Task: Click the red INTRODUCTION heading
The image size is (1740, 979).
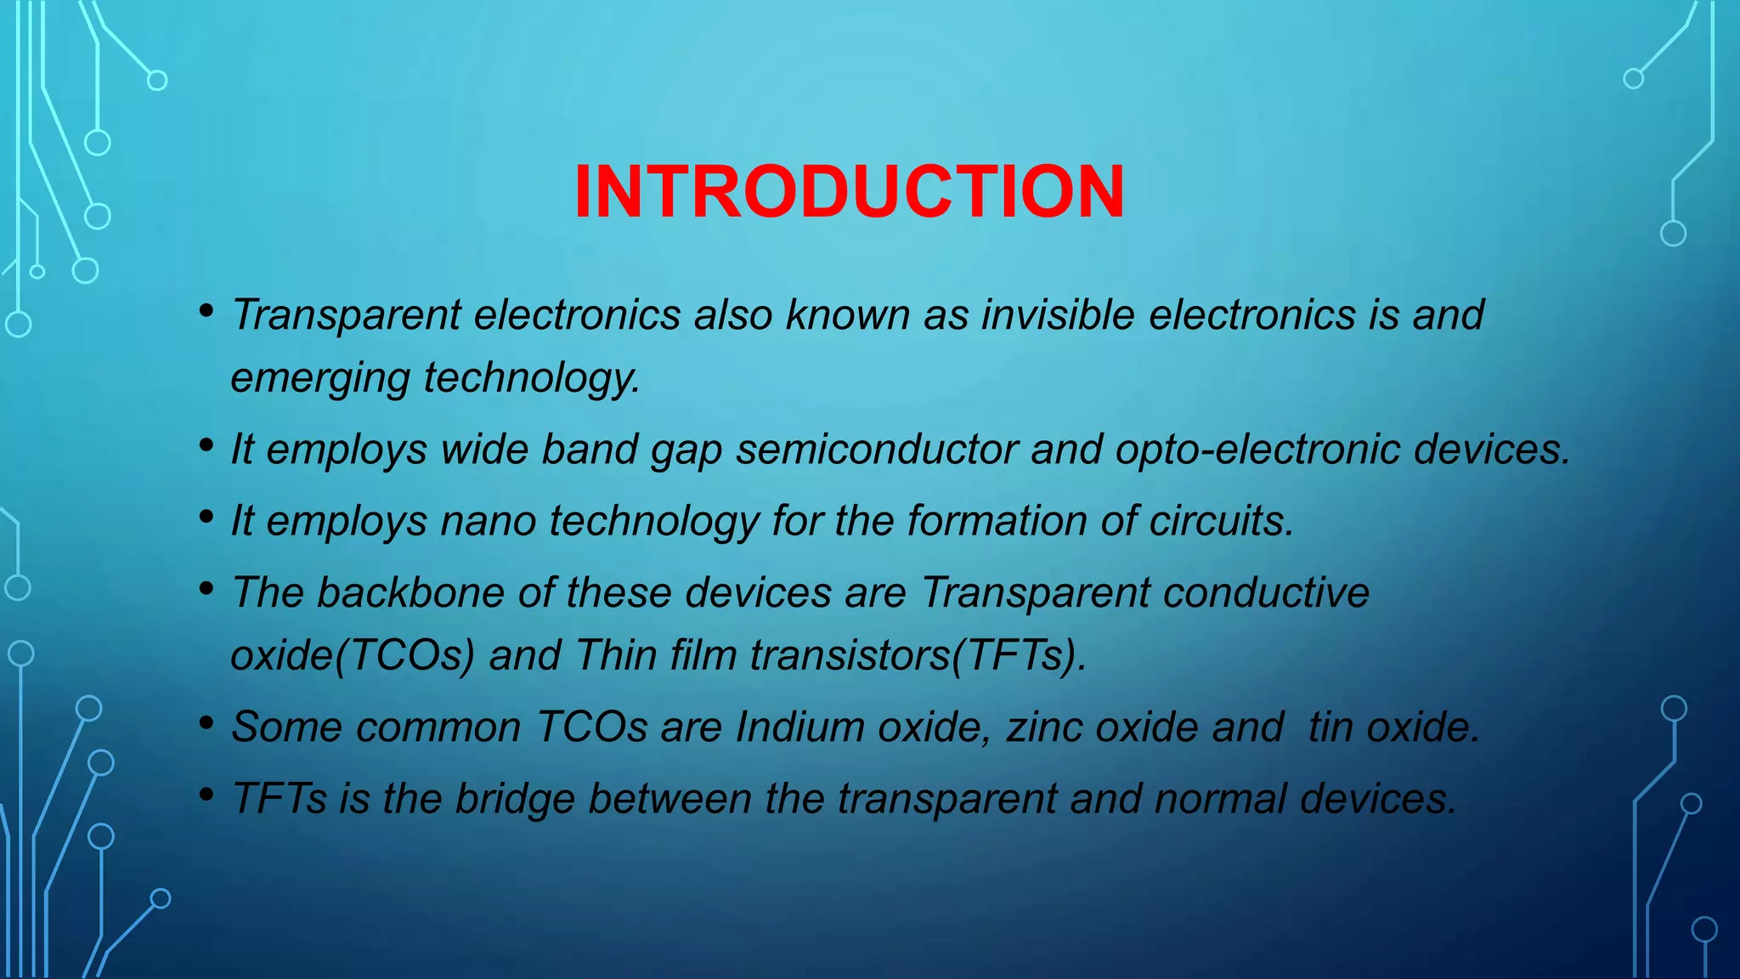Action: pos(850,192)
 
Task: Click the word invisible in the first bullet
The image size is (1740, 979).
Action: pos(1058,315)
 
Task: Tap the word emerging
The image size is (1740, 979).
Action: pos(320,378)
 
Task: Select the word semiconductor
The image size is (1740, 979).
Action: pos(877,450)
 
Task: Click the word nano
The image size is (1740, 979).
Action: pos(488,521)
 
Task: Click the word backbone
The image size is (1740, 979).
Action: pos(410,592)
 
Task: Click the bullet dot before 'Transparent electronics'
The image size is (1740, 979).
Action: pos(206,312)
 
